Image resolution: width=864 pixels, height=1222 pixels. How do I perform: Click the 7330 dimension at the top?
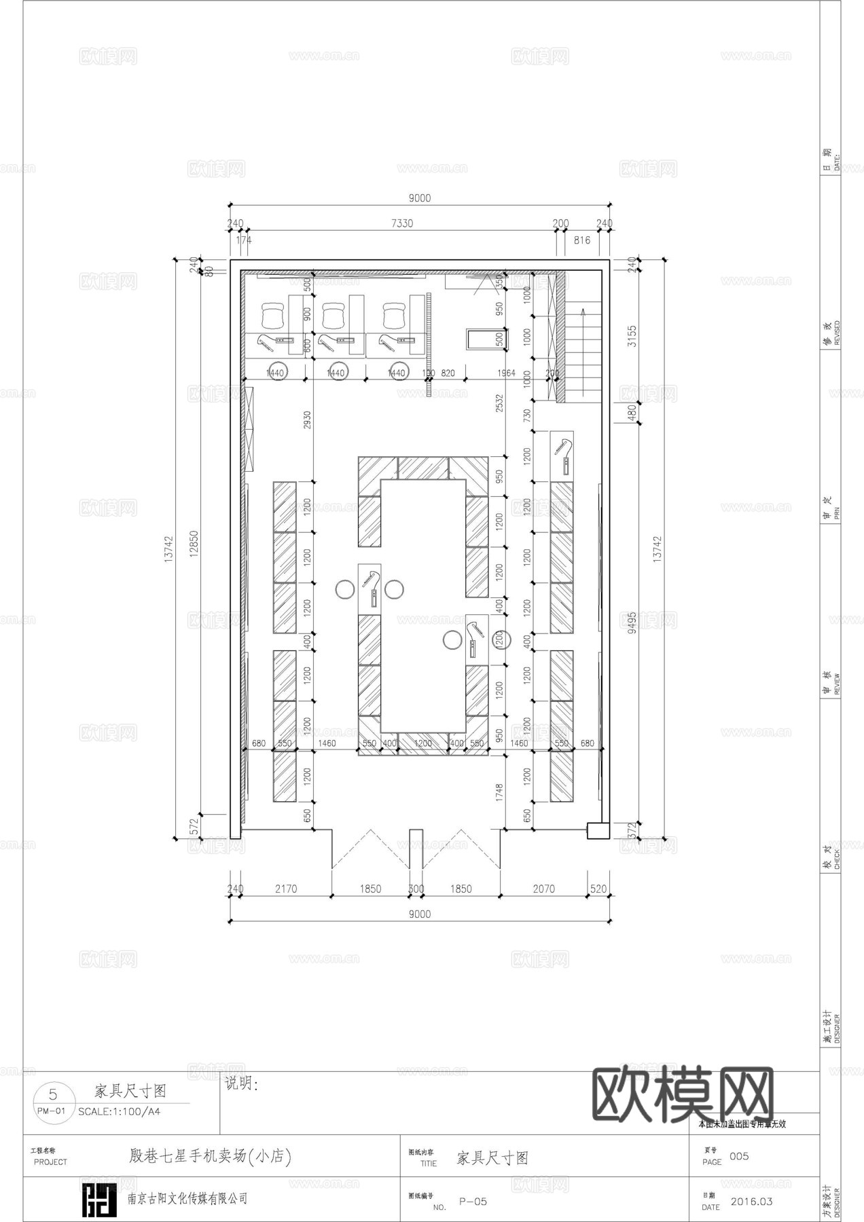click(401, 223)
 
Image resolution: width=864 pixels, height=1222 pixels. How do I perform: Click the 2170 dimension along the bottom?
click(285, 889)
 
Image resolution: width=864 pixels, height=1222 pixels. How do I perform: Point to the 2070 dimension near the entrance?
click(543, 889)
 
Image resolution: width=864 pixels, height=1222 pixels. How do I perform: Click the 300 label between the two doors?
click(416, 889)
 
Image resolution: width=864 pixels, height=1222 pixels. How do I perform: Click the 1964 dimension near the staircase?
click(506, 373)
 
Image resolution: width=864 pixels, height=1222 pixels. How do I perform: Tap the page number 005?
click(739, 1156)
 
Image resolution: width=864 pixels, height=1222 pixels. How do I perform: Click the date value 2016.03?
click(751, 1202)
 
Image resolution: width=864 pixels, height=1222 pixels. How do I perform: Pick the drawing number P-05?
click(473, 1202)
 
